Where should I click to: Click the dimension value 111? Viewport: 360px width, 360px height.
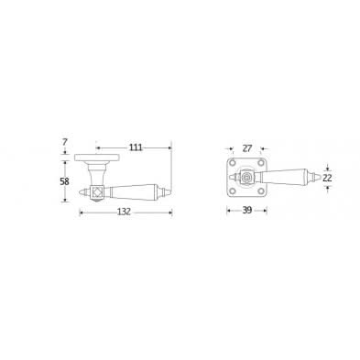136,147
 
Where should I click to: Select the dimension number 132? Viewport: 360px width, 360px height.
125,212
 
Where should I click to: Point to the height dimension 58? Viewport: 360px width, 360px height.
64,181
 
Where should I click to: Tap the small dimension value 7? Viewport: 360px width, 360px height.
64,142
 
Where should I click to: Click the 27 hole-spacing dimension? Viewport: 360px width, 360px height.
246,148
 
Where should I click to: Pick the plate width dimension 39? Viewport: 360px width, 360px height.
247,210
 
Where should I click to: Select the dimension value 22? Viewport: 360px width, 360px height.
327,178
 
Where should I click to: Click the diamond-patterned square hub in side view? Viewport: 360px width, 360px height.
97,192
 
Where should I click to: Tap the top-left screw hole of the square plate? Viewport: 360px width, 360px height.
234,162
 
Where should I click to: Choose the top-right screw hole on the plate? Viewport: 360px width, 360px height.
261,162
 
